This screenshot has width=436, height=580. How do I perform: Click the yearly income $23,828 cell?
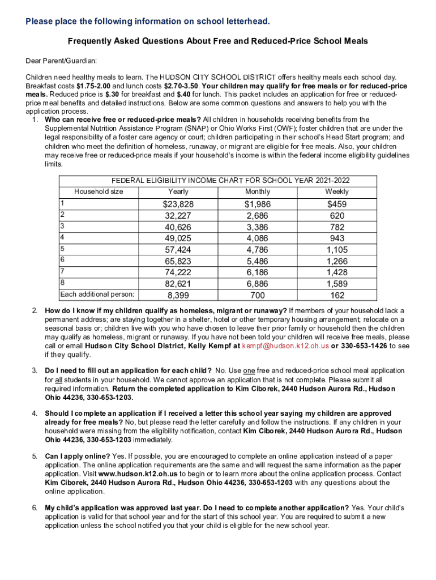coord(178,204)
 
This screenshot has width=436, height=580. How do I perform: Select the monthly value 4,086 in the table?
coord(258,238)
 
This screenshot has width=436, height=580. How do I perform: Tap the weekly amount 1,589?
coord(337,283)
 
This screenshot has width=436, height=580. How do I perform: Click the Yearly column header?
coord(178,191)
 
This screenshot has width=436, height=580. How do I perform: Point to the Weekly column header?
coord(337,191)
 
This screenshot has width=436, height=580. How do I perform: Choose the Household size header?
coord(99,191)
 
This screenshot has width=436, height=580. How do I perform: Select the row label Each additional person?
coord(97,294)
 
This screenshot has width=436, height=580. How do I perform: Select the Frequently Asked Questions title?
coord(218,41)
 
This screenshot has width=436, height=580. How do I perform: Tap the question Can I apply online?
coord(78,455)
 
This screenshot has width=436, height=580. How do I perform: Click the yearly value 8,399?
coord(178,295)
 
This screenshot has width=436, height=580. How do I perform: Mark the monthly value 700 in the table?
coord(258,295)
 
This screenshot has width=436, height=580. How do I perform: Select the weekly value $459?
coord(337,204)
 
